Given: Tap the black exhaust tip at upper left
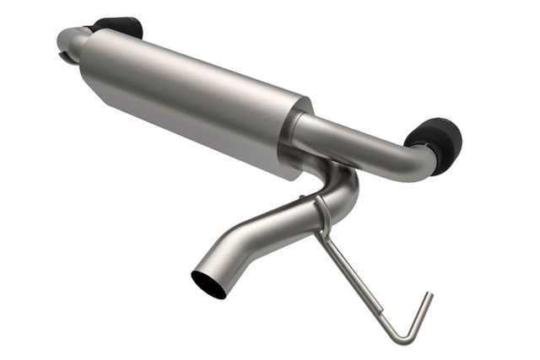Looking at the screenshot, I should tap(117, 27).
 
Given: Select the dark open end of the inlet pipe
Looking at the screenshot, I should tap(208, 284).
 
